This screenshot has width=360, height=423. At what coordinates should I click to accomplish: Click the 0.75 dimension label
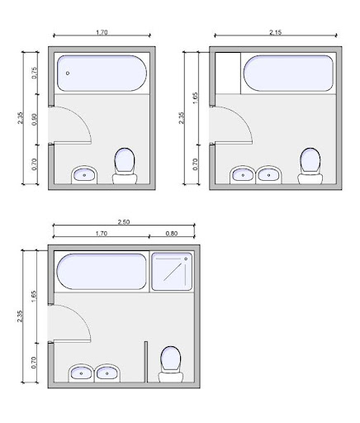[34, 73]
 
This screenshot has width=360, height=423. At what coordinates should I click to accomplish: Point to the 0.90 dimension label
[34, 119]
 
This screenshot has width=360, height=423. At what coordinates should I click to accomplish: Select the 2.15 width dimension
[276, 32]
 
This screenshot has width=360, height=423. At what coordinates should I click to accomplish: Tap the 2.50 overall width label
[124, 222]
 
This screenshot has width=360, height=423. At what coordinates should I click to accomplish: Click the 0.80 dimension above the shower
[172, 234]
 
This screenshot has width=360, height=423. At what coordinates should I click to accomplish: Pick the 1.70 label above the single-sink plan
[102, 32]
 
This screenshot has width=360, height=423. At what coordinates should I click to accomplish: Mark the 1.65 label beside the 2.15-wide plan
[195, 98]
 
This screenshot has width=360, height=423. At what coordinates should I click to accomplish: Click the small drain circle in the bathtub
[68, 74]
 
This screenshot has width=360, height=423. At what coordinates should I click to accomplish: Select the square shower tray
[172, 272]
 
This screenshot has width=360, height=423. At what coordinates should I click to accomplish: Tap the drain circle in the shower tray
[186, 259]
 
